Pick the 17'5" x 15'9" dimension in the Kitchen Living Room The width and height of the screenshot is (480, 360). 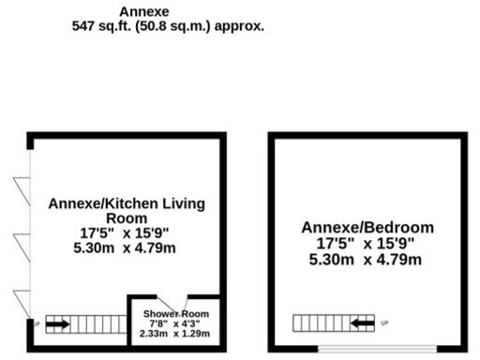126,232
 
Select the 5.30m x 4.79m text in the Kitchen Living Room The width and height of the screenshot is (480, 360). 126,247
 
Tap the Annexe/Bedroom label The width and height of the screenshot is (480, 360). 367,227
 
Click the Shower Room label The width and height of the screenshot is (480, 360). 176,313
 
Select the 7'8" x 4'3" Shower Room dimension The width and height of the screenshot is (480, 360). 176,323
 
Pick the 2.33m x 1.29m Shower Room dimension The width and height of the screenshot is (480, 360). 176,334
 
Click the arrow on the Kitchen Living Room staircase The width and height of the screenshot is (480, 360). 57,324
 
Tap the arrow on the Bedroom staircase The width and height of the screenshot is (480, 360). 363,324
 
